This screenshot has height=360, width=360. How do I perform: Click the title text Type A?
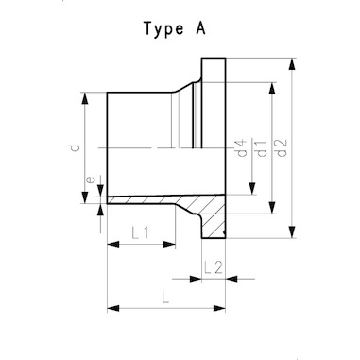(x=175, y=29)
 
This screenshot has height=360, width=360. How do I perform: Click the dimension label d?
(x=75, y=147)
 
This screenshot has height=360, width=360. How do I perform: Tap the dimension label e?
(x=90, y=180)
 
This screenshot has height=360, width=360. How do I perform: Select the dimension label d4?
(x=242, y=147)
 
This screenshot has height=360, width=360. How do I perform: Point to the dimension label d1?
(x=262, y=148)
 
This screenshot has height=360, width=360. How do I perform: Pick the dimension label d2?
(x=282, y=147)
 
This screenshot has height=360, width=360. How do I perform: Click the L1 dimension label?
(x=140, y=233)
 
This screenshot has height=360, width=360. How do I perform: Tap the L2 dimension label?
(x=214, y=267)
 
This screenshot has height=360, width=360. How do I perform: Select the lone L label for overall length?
(x=165, y=297)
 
